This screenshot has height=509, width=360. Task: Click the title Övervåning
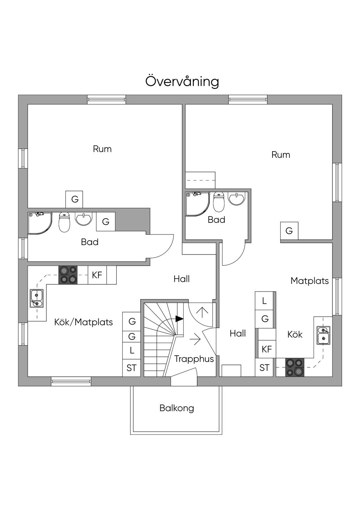click(x=182, y=81)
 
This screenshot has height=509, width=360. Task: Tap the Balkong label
click(x=176, y=408)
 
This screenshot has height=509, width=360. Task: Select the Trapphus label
click(x=194, y=359)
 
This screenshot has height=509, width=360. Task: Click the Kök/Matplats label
click(x=83, y=322)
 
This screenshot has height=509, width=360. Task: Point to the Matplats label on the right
click(x=309, y=281)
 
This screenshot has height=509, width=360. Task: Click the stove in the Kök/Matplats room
click(x=68, y=275)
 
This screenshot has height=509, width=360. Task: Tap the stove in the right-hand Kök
click(x=294, y=367)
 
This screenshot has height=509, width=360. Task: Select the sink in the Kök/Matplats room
click(x=36, y=298)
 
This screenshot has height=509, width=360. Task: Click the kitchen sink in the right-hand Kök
click(x=323, y=335)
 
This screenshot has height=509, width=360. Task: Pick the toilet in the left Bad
click(x=64, y=222)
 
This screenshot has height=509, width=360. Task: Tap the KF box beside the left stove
click(x=97, y=275)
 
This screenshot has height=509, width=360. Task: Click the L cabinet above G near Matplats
click(x=264, y=301)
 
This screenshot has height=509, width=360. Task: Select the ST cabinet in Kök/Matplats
click(x=131, y=368)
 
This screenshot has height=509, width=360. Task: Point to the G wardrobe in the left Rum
click(x=75, y=199)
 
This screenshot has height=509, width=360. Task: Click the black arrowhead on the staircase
click(x=179, y=319)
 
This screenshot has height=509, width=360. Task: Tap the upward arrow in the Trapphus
click(x=202, y=311)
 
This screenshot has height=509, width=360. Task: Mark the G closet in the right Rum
click(x=289, y=231)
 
